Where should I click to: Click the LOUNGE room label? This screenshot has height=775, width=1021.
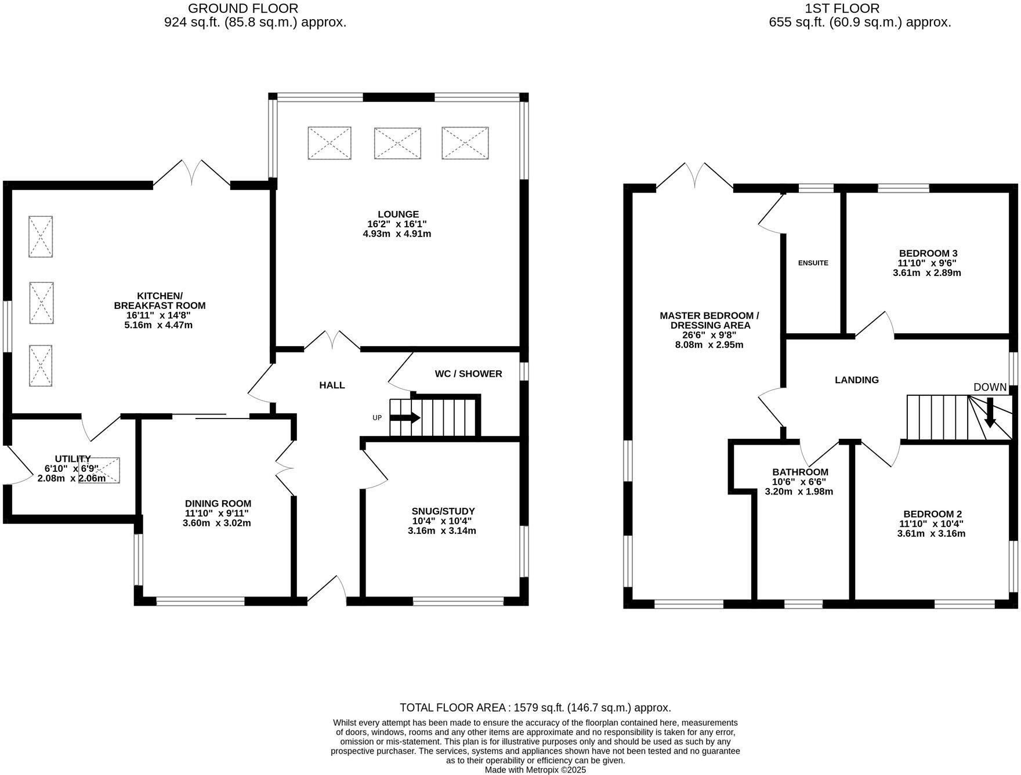click(397, 214)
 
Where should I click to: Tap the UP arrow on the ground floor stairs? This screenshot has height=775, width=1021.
click(412, 417)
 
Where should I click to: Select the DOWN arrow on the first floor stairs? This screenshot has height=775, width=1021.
click(990, 412)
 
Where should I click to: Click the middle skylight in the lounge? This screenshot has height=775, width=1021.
click(397, 143)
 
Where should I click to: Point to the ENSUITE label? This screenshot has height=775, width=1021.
click(813, 263)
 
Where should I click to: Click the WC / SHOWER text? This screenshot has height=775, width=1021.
click(468, 374)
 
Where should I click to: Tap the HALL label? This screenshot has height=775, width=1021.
click(332, 385)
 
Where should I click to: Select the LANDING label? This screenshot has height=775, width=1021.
click(856, 380)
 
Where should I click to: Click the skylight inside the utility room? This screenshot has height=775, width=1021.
click(99, 470)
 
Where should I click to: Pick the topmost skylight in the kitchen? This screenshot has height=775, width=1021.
click(41, 236)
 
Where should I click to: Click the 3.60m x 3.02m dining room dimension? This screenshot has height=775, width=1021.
click(218, 523)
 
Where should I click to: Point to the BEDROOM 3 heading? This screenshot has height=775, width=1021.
click(928, 253)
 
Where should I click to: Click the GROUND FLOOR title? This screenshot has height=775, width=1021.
click(243, 9)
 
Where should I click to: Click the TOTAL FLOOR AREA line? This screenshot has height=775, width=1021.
click(535, 708)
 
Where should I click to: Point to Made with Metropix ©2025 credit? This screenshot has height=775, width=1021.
click(535, 770)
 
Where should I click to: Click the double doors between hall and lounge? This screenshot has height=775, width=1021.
click(332, 340)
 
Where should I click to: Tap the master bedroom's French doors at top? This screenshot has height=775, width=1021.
click(694, 175)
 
